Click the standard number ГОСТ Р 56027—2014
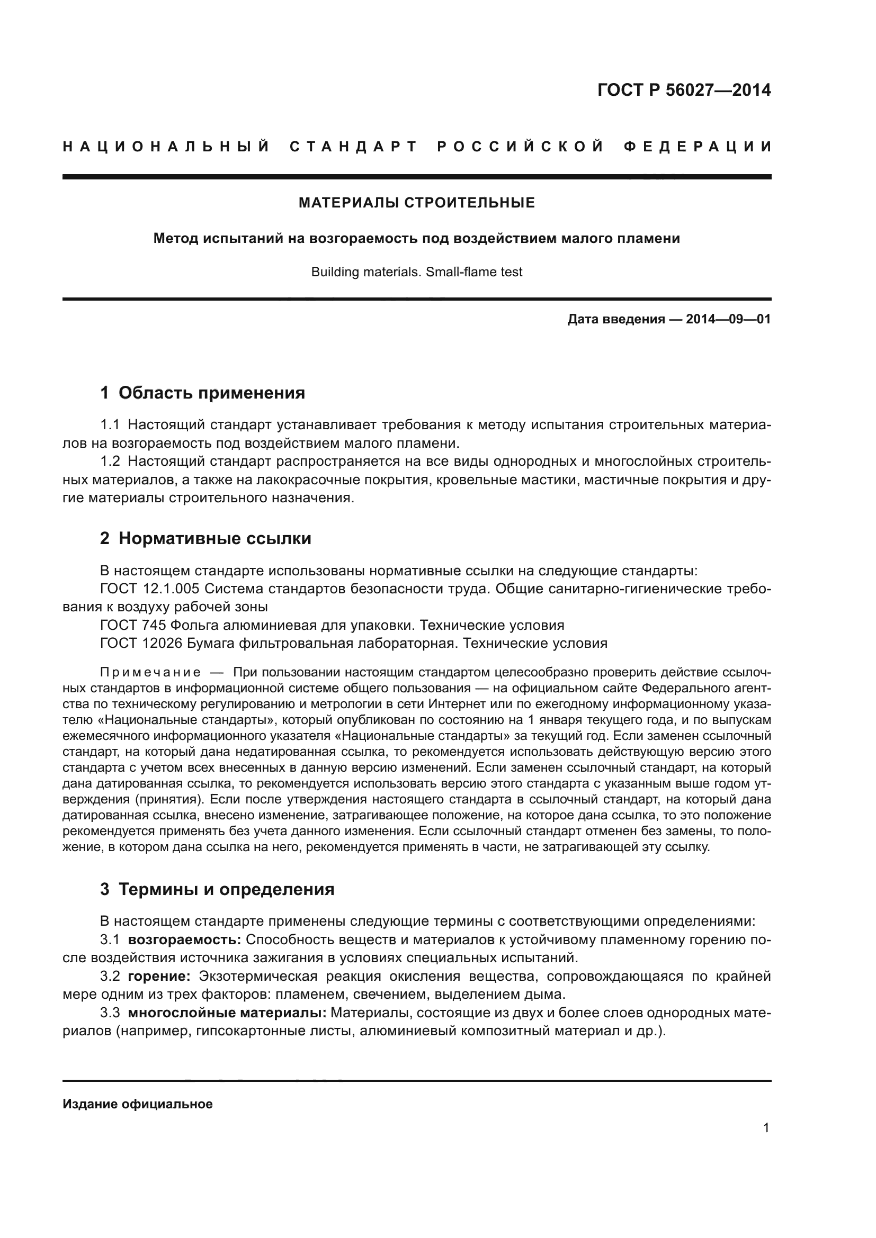(683, 90)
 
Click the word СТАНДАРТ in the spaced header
(354, 147)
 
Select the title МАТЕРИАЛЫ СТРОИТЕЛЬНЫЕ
(416, 203)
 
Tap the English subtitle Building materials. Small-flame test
(416, 272)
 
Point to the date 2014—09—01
(728, 319)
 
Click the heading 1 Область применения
(202, 393)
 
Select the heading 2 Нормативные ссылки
(205, 538)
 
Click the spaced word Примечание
(150, 672)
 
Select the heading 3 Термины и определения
(217, 889)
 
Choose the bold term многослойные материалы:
(227, 1013)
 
